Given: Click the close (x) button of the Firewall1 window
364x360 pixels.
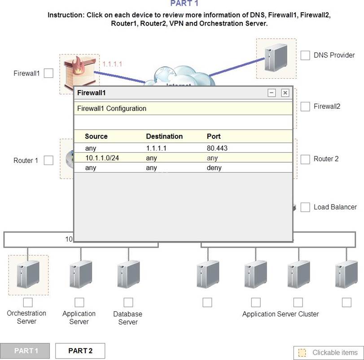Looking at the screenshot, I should tap(285, 93).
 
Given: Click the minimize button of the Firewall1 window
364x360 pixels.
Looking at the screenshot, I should tap(272, 93).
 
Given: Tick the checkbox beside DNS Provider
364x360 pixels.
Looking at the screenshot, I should tap(305, 55).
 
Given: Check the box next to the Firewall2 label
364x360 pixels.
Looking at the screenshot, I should tap(305, 107).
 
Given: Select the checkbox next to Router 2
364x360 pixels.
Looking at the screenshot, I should tap(305, 159).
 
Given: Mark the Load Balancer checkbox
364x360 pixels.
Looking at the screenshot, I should tap(305, 207).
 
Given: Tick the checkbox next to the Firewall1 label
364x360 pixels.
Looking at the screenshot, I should tap(48, 73).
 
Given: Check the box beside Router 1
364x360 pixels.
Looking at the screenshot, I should tap(48, 160).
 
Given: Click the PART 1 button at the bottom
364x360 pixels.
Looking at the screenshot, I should tap(26, 351).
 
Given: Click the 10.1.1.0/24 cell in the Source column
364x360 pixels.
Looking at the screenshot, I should tap(102, 158).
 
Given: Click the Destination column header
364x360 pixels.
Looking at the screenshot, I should tap(164, 136).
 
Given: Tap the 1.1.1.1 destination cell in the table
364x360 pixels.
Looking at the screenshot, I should tap(156, 147).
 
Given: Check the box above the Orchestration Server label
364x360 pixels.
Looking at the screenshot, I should tap(28, 302).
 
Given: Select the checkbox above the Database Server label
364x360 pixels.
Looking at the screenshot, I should tap(128, 302).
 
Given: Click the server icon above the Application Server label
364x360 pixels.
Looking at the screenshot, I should tap(80, 274).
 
